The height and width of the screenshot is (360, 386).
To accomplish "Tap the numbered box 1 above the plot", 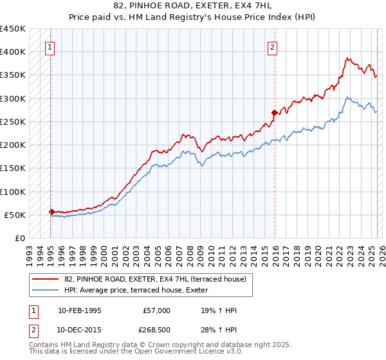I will pyautogui.click(x=50, y=47).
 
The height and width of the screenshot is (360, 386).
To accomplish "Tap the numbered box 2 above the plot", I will pyautogui.click(x=273, y=47).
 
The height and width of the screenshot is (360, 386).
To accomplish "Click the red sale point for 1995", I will pyautogui.click(x=51, y=212).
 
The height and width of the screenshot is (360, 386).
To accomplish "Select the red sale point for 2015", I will pyautogui.click(x=274, y=113).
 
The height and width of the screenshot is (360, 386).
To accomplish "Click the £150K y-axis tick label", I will pyautogui.click(x=13, y=168).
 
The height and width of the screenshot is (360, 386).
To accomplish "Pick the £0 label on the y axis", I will pyautogui.click(x=20, y=239).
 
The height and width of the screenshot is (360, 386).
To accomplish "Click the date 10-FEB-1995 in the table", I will pyautogui.click(x=79, y=310).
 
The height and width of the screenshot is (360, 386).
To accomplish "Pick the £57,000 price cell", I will pyautogui.click(x=157, y=310).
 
